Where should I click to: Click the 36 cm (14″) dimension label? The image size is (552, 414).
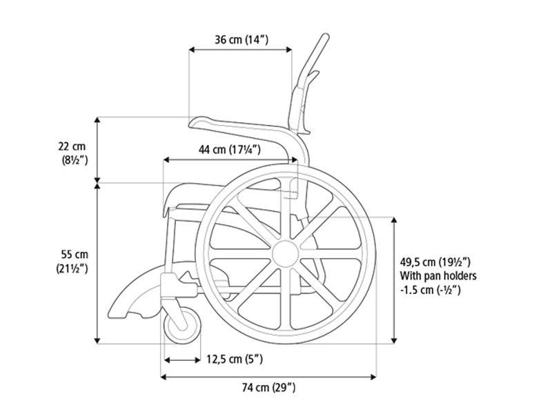tap(241, 39)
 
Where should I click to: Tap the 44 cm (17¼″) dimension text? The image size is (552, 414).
tap(230, 150)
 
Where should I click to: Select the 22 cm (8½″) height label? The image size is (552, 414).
tap(73, 153)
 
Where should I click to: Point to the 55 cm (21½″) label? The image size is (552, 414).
tap(72, 262)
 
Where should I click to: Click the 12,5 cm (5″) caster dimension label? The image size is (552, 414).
tap(235, 359)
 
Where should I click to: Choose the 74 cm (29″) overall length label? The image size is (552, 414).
tap(268, 388)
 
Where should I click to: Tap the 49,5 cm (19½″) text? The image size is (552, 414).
tap(435, 262)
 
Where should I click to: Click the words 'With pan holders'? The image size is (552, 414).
tap(438, 275)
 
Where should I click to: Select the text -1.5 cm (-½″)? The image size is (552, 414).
tap(430, 290)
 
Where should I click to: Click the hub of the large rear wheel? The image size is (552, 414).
tap(286, 254)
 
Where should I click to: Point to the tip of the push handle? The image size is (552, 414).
tap(326, 36)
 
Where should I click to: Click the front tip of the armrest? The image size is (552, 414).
tap(192, 124)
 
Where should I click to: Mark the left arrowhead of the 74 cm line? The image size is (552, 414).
tap(164, 377)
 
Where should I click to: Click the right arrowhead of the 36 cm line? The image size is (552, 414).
tap(289, 50)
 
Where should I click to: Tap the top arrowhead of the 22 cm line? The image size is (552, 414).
tap(97, 119)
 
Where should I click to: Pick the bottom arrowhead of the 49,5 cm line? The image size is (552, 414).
tap(394, 340)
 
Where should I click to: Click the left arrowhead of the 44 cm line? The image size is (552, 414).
tap(166, 160)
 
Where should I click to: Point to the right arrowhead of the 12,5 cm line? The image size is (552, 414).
tap(198, 359)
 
